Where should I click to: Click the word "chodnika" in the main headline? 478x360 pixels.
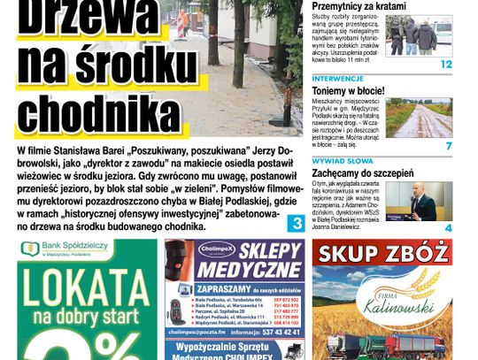tap(97, 113)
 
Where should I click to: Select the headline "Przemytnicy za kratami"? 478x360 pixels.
tap(358, 6)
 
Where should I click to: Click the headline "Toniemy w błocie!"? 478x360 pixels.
tap(347, 90)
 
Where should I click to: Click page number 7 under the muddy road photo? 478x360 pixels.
tap(449, 145)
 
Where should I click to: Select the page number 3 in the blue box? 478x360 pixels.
tap(297, 226)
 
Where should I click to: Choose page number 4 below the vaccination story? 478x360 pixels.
tap(449, 228)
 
